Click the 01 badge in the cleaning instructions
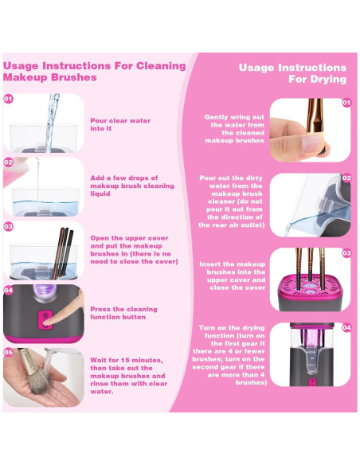pyautogui.click(x=8, y=99)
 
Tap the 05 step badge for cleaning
pyautogui.click(x=8, y=352)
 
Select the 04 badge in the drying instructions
pyautogui.click(x=346, y=328)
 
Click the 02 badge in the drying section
pyautogui.click(x=346, y=178)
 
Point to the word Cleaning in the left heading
pyautogui.click(x=161, y=66)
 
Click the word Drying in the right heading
pyautogui.click(x=328, y=80)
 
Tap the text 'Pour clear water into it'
pyautogui.click(x=120, y=124)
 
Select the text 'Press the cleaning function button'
pyautogui.click(x=123, y=313)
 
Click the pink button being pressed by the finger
pyautogui.click(x=45, y=320)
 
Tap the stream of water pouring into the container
pyautogui.click(x=53, y=122)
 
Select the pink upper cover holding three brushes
pyautogui.click(x=311, y=287)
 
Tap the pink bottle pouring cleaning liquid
pyautogui.click(x=15, y=172)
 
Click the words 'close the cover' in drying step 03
pyautogui.click(x=237, y=287)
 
